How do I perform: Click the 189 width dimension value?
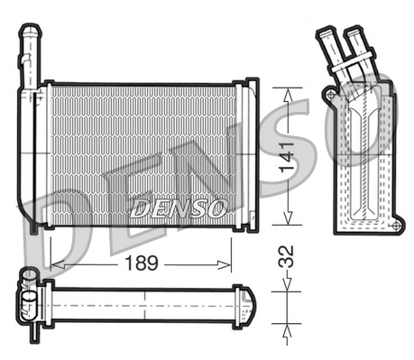click(140, 263)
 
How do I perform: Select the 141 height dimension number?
click(286, 156)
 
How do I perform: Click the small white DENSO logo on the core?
click(178, 209)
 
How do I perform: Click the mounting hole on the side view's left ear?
click(331, 94)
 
